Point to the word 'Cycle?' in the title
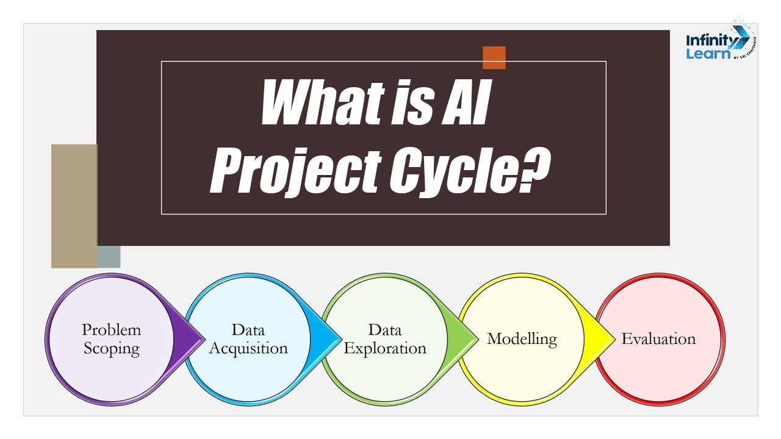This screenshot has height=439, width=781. coord(470,171)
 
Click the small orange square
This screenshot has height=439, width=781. coord(494,57)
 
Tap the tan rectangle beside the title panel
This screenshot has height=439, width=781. coord(74,206)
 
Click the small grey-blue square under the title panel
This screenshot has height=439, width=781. coord(109,257)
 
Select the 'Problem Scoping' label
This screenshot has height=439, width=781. coord(112,339)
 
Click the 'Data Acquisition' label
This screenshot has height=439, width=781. coord(248,339)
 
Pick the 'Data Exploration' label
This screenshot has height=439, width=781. coord(385,339)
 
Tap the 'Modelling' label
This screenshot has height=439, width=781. coord(522,339)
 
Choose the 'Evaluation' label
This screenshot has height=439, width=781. coord(658,338)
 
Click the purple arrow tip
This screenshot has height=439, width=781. coord(204,338)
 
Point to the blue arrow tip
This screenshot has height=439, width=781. coord(341,338)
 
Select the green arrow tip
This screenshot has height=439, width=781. coord(478,338)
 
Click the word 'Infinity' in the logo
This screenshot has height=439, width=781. coord(709,41)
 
